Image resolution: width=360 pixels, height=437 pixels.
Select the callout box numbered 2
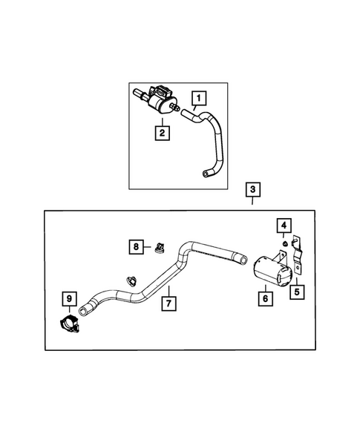coord(161,134)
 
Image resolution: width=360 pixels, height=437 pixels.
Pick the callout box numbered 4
coord(284,224)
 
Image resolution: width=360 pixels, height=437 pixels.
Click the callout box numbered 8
coord(136,246)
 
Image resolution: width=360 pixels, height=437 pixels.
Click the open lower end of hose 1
coord(205,173)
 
